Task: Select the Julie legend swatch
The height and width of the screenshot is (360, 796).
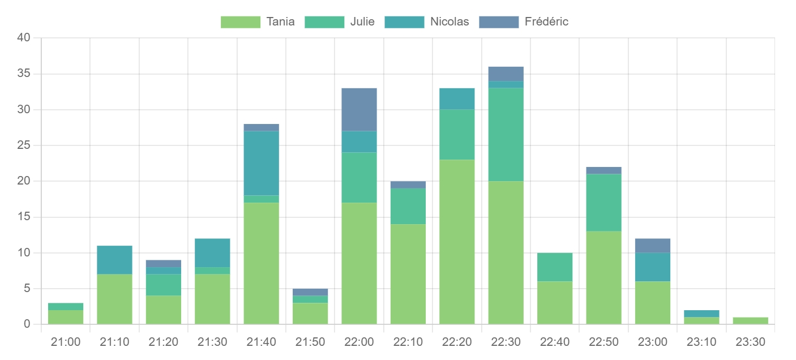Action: (324, 22)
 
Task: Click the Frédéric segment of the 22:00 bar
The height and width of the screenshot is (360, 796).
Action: (359, 110)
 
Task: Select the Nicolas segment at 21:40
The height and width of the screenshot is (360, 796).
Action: (261, 163)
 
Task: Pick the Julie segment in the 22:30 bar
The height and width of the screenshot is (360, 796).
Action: (506, 135)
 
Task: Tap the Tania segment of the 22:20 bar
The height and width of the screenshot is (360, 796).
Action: (457, 242)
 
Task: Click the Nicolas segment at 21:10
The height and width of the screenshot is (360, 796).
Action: (114, 260)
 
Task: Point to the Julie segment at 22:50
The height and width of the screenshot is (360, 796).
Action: (604, 203)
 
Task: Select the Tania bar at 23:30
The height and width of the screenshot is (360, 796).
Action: (750, 321)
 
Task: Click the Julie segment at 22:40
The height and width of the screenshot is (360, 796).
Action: (555, 267)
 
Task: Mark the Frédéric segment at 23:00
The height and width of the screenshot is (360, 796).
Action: (652, 246)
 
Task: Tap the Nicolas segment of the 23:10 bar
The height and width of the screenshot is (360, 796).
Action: (701, 314)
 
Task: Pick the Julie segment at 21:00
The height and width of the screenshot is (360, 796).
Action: (66, 306)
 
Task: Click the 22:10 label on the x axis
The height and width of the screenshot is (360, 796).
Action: (408, 342)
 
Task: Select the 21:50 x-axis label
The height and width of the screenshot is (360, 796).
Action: (310, 342)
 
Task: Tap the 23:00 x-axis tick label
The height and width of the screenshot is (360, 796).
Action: (652, 342)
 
